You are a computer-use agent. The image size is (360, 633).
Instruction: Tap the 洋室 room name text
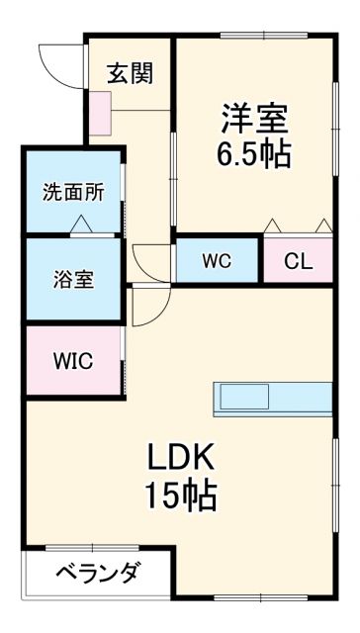click(253, 119)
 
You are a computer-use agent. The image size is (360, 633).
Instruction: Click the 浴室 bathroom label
click(73, 279)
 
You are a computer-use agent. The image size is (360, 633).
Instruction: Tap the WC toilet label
click(217, 262)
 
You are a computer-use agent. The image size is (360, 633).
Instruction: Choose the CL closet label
click(296, 262)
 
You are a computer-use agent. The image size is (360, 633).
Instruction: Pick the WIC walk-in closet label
click(73, 360)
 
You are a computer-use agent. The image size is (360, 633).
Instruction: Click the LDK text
click(182, 458)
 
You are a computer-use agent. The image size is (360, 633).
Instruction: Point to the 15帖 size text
click(182, 495)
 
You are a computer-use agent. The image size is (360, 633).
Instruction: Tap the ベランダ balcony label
click(96, 574)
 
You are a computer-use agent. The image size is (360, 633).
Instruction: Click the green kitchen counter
click(272, 398)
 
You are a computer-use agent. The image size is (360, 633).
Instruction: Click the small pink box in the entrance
click(101, 112)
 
